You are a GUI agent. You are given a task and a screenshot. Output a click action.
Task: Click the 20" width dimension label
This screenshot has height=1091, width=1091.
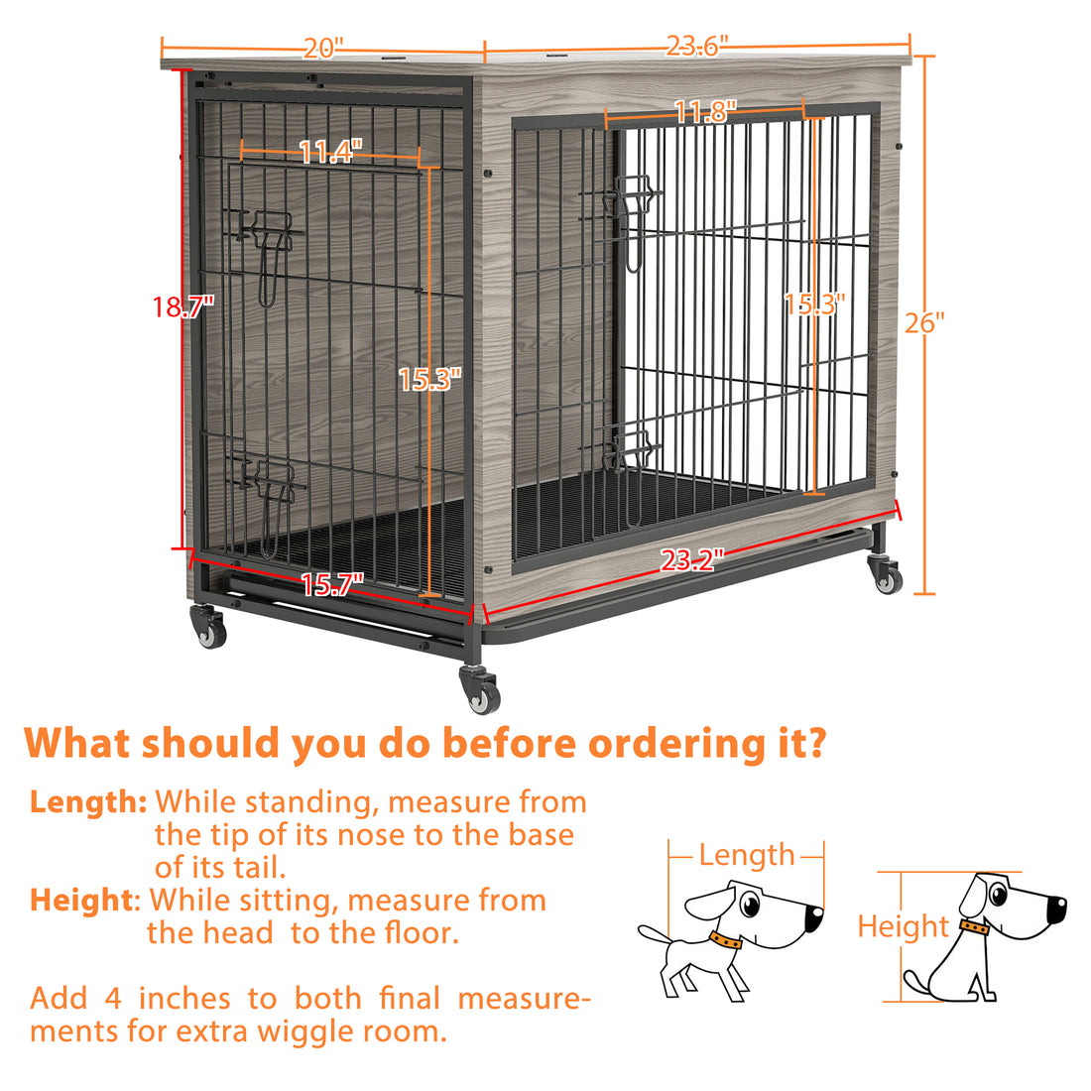(323, 48)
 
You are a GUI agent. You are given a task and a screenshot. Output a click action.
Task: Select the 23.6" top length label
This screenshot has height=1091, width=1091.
(697, 46)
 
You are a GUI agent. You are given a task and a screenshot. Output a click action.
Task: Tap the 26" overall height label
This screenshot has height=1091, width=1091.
(924, 322)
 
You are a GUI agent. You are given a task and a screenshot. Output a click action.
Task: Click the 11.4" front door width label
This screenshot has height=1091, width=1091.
(330, 152)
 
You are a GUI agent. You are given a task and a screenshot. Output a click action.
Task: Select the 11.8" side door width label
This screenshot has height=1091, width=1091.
(705, 112)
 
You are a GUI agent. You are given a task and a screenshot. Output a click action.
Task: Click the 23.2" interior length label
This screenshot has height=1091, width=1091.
(693, 560)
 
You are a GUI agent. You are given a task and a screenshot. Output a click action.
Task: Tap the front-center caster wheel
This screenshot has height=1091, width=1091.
(480, 691)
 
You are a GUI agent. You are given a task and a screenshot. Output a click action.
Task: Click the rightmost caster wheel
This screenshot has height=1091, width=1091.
(886, 576)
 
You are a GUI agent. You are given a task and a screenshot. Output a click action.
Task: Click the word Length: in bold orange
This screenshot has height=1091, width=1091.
(88, 801)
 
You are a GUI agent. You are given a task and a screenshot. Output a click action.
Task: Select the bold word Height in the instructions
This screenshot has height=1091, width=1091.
(81, 900)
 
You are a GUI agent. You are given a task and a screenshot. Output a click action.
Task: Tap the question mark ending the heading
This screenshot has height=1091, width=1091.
(812, 743)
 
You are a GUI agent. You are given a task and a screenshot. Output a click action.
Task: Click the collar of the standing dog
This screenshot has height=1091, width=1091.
(725, 939)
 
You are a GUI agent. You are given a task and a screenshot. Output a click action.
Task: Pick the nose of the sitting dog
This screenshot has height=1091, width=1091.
(1058, 907)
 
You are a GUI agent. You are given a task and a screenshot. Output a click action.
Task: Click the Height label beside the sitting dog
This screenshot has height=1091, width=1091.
(904, 926)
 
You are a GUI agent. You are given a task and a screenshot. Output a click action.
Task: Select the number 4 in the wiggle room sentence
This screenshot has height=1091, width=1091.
(113, 998)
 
